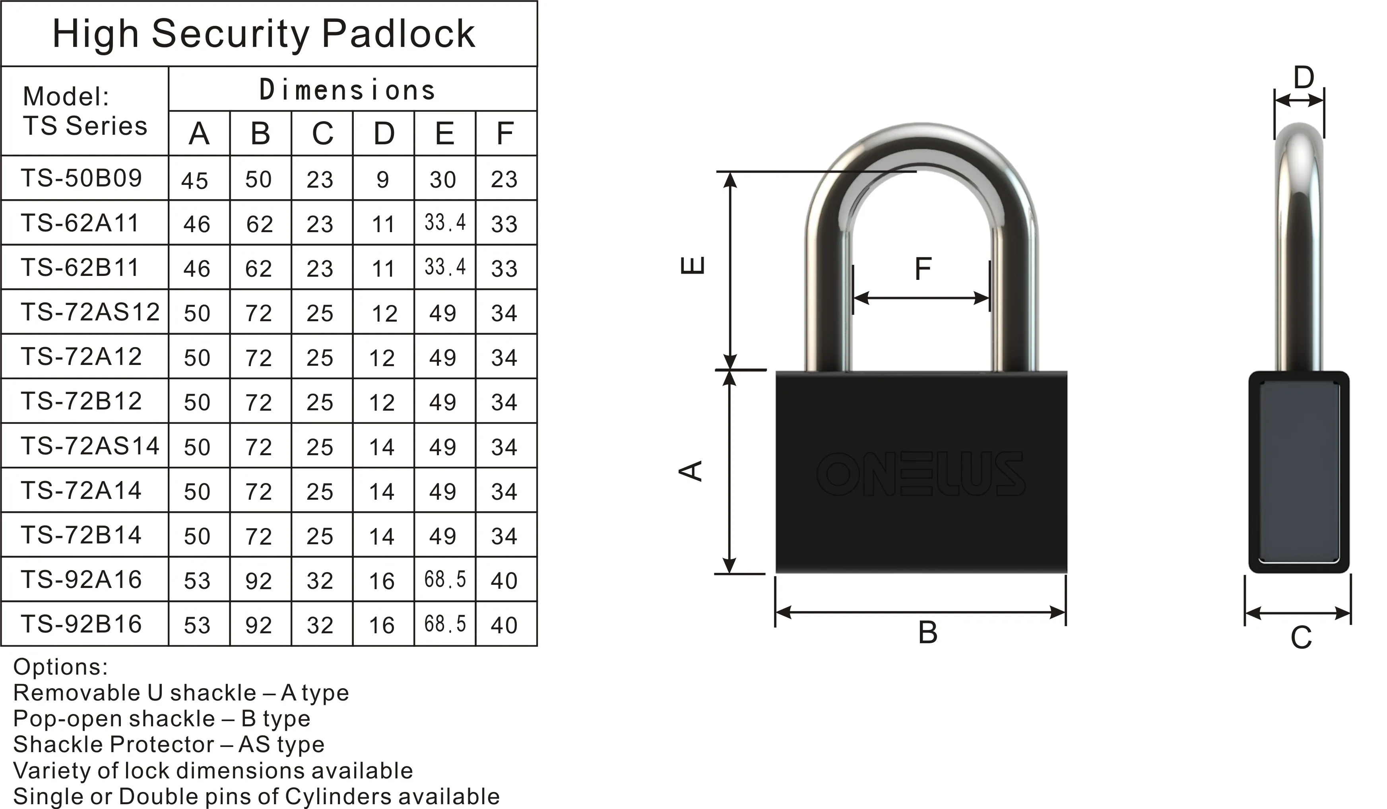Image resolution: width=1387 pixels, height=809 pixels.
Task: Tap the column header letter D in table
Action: coord(384,134)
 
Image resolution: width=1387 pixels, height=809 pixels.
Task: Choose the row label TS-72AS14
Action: coord(90,446)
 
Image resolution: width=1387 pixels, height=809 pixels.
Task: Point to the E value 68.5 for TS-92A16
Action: coord(445,580)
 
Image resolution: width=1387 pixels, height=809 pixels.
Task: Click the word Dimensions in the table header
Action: coord(348,90)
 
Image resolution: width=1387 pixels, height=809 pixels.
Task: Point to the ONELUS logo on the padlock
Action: coord(921,474)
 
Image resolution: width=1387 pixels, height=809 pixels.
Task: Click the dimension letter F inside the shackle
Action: coord(922,269)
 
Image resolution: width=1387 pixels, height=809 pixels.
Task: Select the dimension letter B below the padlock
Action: coord(927,632)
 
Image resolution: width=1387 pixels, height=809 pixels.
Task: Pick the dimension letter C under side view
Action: coord(1301,638)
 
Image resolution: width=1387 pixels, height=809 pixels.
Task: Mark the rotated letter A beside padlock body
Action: coord(691,471)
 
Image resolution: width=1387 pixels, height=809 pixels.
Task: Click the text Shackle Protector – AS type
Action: coord(169,745)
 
